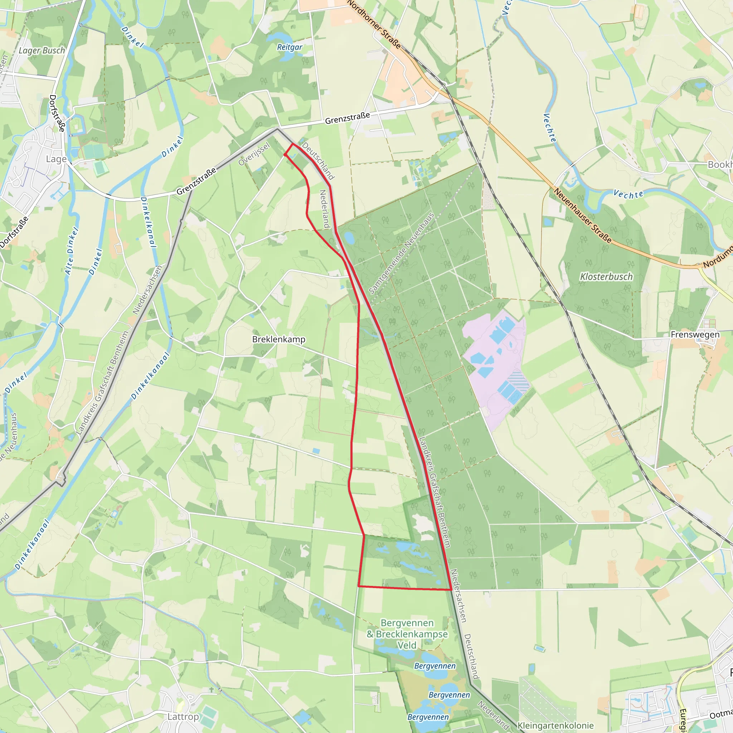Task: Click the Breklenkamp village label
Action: (x=278, y=340)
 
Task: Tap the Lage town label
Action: (x=56, y=159)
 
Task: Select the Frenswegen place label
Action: (x=695, y=335)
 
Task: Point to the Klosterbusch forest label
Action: (x=606, y=277)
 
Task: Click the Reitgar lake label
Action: (x=290, y=47)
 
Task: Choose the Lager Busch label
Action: (x=42, y=50)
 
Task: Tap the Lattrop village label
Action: (x=183, y=717)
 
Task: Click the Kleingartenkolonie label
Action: (x=555, y=726)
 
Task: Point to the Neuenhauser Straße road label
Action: (x=582, y=215)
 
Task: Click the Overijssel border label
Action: (x=254, y=154)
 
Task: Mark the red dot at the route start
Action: (x=285, y=155)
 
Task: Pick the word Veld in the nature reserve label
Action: (x=407, y=645)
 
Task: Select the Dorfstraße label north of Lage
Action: (x=57, y=113)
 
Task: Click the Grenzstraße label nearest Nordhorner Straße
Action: (x=347, y=118)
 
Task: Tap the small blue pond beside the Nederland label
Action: (x=349, y=238)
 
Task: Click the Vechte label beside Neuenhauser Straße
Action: (x=628, y=195)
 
